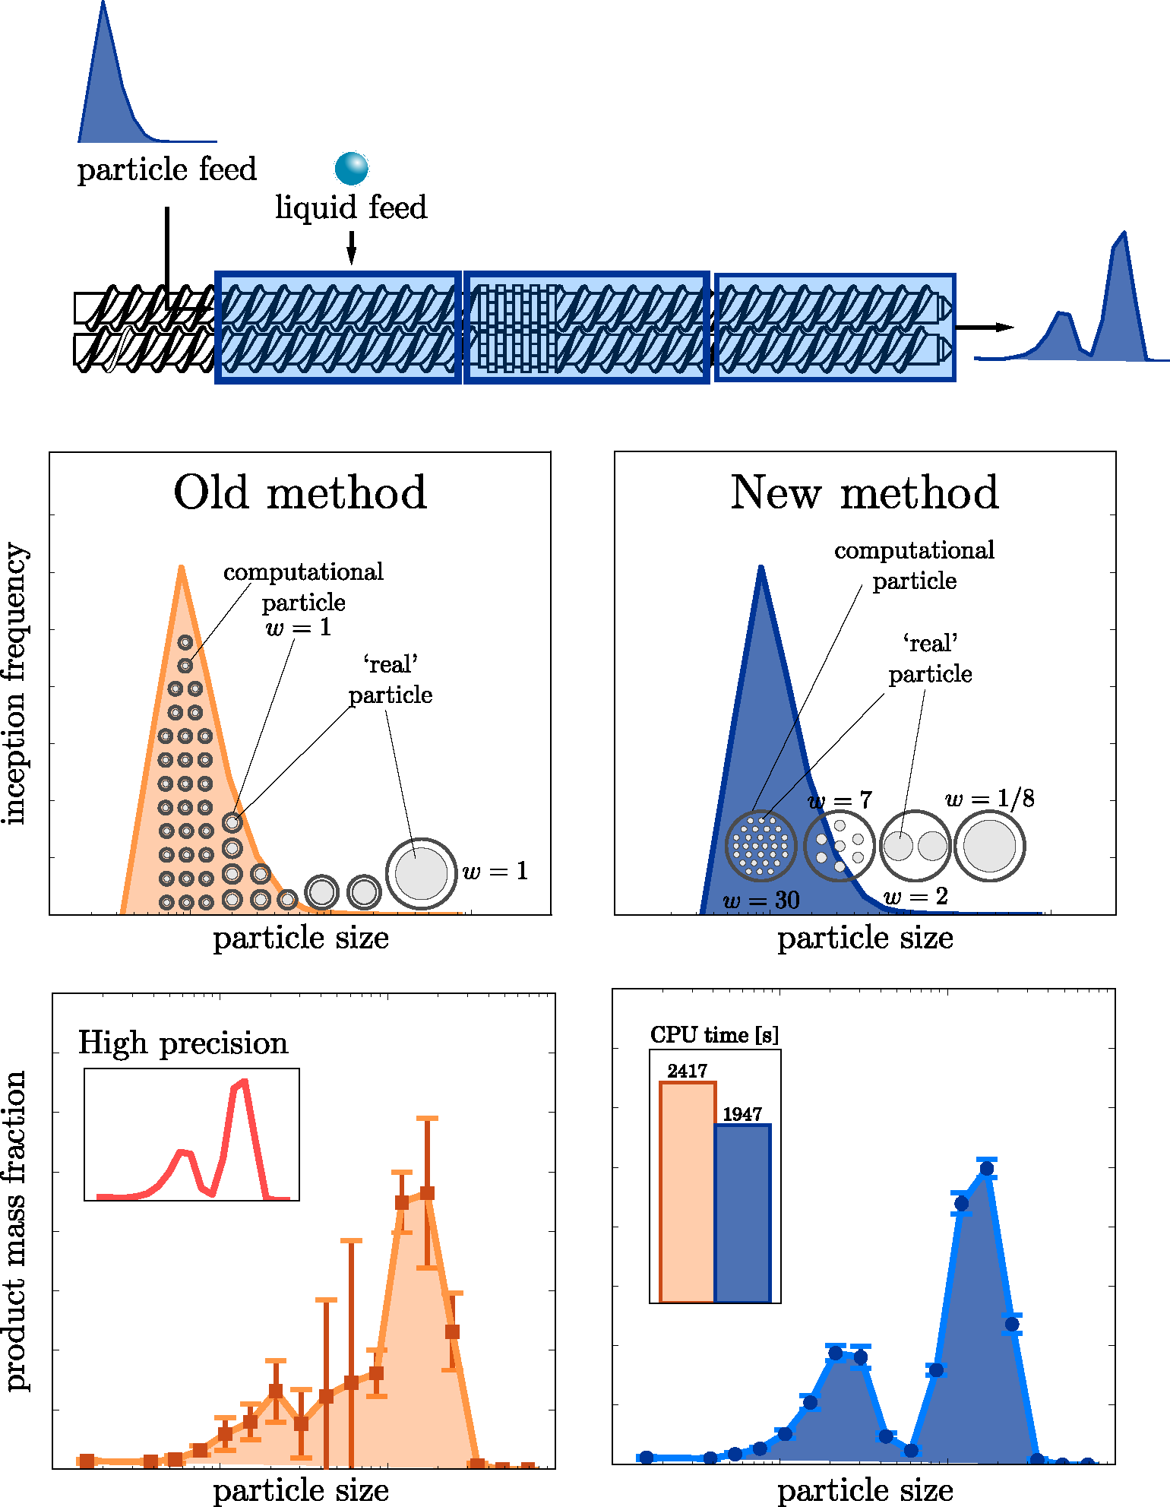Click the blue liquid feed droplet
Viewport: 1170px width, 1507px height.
[x=352, y=168]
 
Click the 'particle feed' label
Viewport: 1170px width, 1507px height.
[x=167, y=169]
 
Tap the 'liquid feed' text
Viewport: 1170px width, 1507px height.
[x=351, y=207]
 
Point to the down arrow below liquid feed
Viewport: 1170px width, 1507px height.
[x=351, y=248]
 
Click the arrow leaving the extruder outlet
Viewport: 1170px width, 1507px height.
[x=985, y=328]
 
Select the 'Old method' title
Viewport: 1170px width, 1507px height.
[x=300, y=492]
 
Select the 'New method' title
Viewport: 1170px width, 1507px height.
[x=865, y=492]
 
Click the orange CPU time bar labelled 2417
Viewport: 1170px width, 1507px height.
[x=688, y=1192]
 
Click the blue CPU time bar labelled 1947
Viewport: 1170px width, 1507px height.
[x=743, y=1214]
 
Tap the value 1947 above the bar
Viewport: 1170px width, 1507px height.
[x=742, y=1114]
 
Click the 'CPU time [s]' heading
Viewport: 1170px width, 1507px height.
[x=715, y=1035]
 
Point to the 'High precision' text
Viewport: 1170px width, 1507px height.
[x=183, y=1043]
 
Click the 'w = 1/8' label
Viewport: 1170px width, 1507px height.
[x=990, y=798]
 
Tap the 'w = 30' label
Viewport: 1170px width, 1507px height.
[x=761, y=901]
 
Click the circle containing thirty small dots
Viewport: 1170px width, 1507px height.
[x=760, y=845]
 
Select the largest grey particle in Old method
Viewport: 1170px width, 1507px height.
[x=421, y=873]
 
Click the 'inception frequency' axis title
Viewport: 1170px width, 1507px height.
[x=15, y=684]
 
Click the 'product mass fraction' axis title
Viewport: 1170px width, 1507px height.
[x=15, y=1231]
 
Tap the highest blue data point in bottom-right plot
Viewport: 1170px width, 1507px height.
[x=987, y=1169]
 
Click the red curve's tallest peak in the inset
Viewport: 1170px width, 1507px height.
[x=243, y=1081]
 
